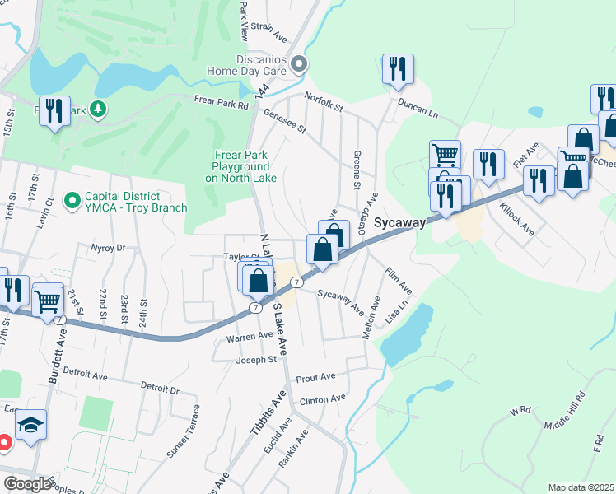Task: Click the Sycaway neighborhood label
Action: point(399,222)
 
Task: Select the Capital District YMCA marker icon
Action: point(72,199)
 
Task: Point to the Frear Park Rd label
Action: point(221,105)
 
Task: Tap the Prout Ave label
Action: point(316,377)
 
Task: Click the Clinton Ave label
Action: point(323,399)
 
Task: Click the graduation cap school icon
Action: point(31,426)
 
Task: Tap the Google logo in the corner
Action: point(26,484)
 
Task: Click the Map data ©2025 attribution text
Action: point(581,487)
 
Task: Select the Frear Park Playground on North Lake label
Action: point(240,166)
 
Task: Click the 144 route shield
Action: point(262,96)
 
